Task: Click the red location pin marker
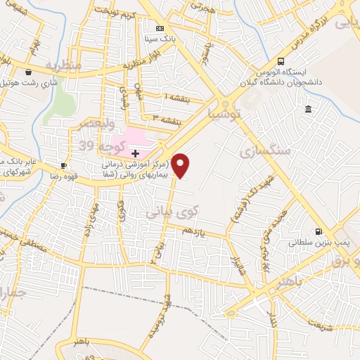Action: (181, 166)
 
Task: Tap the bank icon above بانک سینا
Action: (160, 28)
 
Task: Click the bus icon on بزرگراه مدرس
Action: (281, 61)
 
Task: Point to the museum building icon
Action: (309, 108)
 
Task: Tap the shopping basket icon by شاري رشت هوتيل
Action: (28, 72)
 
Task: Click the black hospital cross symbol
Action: (135, 153)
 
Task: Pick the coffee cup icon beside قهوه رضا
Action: (64, 166)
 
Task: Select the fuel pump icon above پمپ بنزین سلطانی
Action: (319, 231)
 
